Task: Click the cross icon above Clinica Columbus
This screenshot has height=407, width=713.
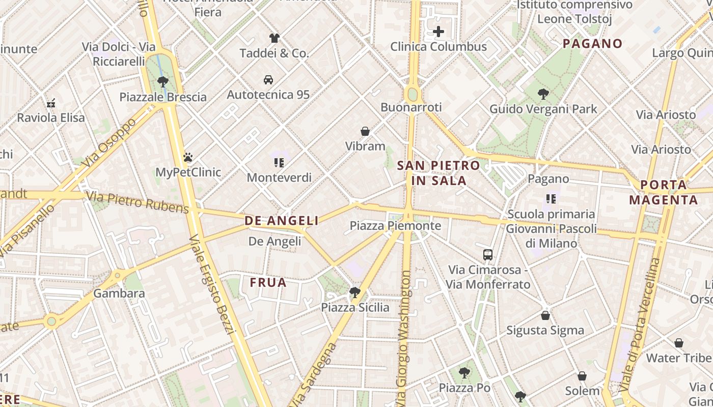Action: pyautogui.click(x=438, y=32)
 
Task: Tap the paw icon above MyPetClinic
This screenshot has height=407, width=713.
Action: pyautogui.click(x=188, y=157)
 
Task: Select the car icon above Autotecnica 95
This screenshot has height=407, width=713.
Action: pyautogui.click(x=268, y=79)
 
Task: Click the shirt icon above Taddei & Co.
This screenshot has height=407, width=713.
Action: pyautogui.click(x=275, y=38)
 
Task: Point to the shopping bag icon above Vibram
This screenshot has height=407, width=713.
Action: pyautogui.click(x=365, y=131)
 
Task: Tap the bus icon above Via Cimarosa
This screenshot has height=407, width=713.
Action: pyautogui.click(x=488, y=254)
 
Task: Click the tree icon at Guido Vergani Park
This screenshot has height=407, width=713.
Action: pyautogui.click(x=543, y=94)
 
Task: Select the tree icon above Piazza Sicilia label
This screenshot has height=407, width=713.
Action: pyautogui.click(x=354, y=292)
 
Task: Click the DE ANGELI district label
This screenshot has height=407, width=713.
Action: pyautogui.click(x=282, y=220)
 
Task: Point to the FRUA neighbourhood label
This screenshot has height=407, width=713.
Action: pyautogui.click(x=268, y=282)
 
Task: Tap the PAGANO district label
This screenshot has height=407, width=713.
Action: pyautogui.click(x=592, y=44)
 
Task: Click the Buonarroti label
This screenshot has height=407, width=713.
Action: pyautogui.click(x=411, y=107)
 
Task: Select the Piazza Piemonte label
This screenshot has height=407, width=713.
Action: pyautogui.click(x=395, y=225)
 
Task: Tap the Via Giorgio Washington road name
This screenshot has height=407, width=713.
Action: pyautogui.click(x=405, y=336)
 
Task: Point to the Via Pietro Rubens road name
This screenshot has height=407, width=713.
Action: pyautogui.click(x=138, y=202)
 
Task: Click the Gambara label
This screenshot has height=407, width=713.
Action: pyautogui.click(x=119, y=294)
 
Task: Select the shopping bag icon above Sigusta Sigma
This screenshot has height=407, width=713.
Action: pyautogui.click(x=545, y=315)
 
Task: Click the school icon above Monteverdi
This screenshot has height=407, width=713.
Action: pyautogui.click(x=279, y=162)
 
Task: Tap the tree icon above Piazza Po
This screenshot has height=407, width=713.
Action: pyautogui.click(x=464, y=373)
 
